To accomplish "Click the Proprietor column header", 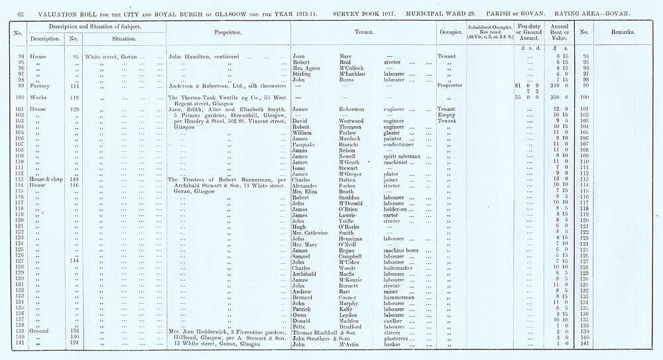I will (227, 32).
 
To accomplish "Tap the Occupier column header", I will (451, 32).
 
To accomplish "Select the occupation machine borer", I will (404, 250).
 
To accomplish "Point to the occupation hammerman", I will (400, 297).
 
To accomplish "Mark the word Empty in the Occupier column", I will (446, 115).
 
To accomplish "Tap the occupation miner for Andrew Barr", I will (392, 291).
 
